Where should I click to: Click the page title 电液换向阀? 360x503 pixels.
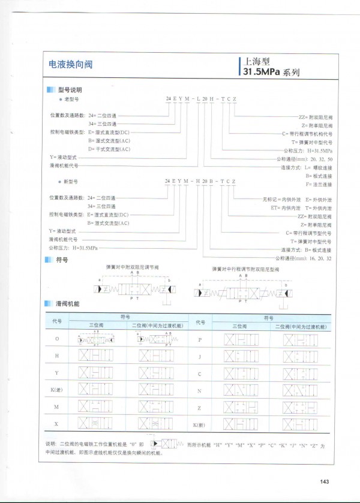point(70,64)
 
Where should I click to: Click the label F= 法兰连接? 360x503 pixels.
point(319,185)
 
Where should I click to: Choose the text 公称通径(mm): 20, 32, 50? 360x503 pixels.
point(304,159)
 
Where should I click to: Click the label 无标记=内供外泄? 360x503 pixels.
point(283,198)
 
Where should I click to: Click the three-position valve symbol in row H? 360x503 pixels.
point(95,356)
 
